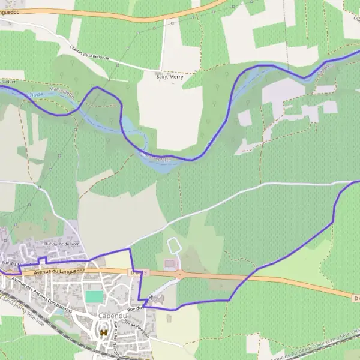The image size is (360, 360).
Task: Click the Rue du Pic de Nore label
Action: pos(62,244)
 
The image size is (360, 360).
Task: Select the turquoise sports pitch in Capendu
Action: pos(93,296)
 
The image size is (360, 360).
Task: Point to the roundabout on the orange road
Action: pos(179,275)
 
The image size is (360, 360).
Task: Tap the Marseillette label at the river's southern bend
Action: pos(157,157)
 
